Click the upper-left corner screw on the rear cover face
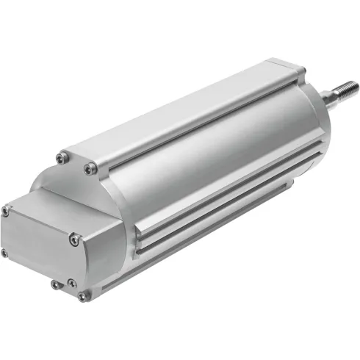(x=6, y=211)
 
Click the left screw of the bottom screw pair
(x=55, y=284)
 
